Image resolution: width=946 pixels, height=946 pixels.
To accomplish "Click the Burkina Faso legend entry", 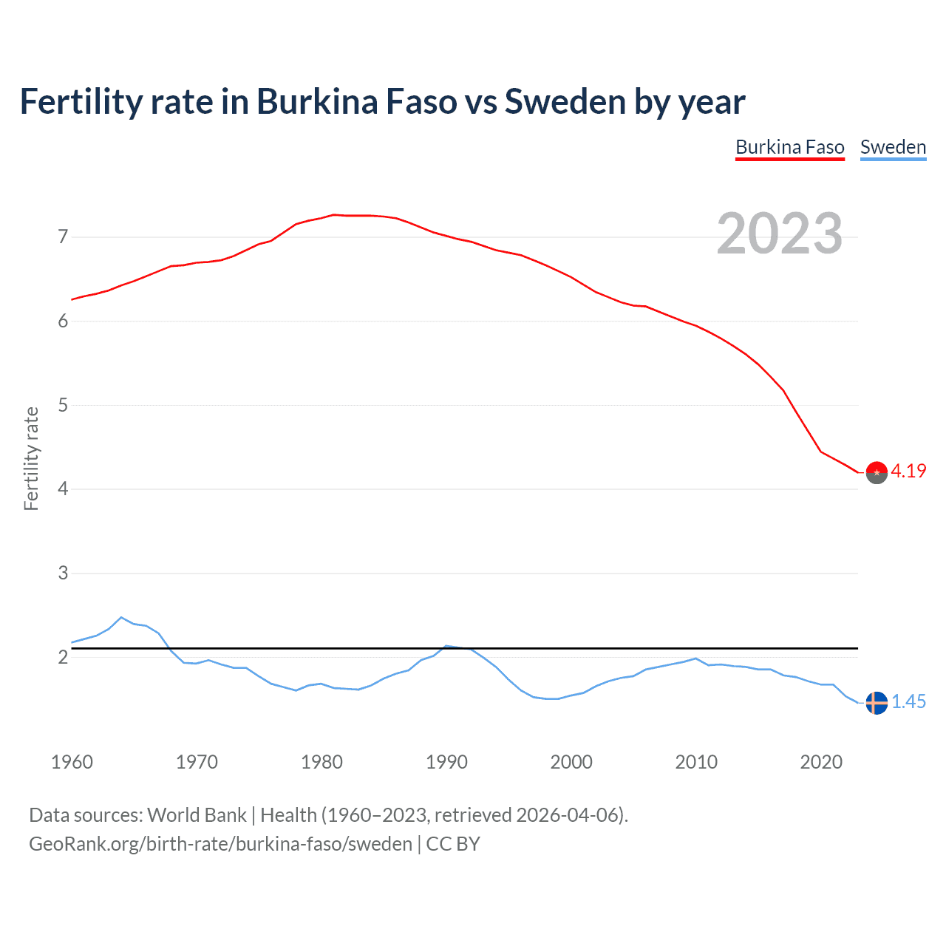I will coord(789,147).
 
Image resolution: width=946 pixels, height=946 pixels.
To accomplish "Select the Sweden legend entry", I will coord(893,147).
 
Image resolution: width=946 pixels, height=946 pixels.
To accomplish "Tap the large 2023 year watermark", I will coord(779,234).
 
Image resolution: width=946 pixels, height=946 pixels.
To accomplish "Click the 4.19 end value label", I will coord(908,471).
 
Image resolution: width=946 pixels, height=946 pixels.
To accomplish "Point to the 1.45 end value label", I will coord(908,701).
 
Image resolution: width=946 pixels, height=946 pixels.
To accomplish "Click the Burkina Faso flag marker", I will coord(877,472).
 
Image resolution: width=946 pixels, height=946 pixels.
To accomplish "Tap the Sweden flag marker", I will coord(877,703).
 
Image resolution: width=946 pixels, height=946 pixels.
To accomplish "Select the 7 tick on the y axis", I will coord(63,237).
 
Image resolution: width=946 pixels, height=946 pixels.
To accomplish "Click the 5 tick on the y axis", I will coord(63,405).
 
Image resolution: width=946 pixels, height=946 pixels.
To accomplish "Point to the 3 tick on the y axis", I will coord(63,573).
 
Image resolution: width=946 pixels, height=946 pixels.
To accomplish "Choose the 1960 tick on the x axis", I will coord(72,762).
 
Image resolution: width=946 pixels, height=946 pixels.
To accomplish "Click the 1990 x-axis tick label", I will coord(446,762).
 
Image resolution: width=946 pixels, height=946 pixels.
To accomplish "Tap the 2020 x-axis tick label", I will coord(821,762).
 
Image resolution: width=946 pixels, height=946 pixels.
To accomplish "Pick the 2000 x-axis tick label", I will coord(571,762).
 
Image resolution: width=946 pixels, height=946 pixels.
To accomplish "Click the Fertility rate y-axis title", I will coord(31,458).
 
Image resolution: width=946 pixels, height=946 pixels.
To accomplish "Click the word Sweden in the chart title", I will coord(565,102).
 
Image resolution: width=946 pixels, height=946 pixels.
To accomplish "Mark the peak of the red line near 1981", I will coord(333,214).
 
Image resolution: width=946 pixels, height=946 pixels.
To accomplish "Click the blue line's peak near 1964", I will coord(121,617).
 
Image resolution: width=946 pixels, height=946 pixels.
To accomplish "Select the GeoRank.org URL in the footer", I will coord(220,844).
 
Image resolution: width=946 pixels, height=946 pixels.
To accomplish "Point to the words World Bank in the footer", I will coord(197,815).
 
